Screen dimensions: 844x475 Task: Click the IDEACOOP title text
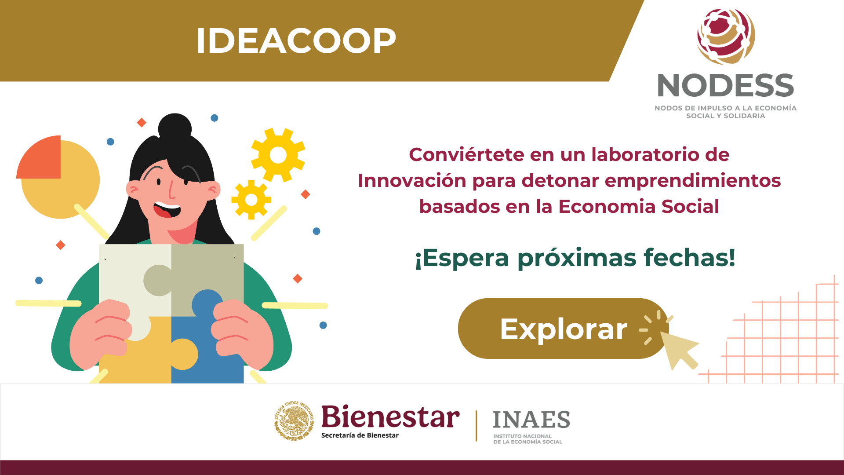click(x=296, y=41)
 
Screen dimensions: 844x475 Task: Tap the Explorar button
click(x=563, y=329)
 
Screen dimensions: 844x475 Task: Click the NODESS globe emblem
click(x=726, y=37)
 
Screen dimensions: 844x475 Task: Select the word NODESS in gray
click(x=726, y=85)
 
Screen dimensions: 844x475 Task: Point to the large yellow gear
click(x=278, y=155)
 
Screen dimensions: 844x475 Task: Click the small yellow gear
click(x=251, y=200)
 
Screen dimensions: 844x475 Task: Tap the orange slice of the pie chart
click(x=39, y=157)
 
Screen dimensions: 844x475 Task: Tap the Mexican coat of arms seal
click(x=294, y=421)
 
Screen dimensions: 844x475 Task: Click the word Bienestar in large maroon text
click(x=390, y=417)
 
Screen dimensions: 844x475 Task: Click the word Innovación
click(x=412, y=181)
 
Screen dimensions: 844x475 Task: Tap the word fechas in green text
click(x=689, y=258)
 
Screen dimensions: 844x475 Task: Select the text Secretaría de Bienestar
click(x=360, y=435)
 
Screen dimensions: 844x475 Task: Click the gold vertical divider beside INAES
click(x=476, y=426)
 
